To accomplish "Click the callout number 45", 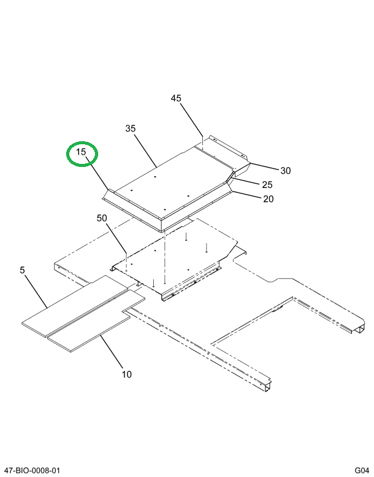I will [x=176, y=98].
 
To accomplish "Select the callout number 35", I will [x=130, y=128].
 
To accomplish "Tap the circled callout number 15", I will [x=82, y=152].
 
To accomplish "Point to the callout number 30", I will [x=285, y=171].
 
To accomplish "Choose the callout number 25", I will [x=267, y=185].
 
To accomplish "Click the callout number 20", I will [x=268, y=198].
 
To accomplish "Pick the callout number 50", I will [x=102, y=219].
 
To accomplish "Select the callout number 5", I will [x=23, y=270].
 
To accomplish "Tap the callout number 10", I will [x=126, y=374].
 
